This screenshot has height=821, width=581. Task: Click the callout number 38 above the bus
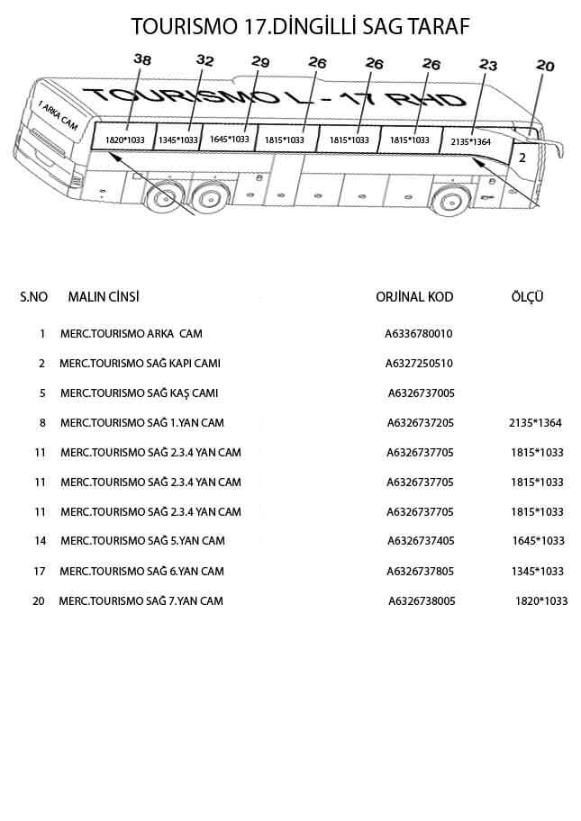(142, 59)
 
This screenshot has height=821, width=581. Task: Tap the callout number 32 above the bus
(205, 60)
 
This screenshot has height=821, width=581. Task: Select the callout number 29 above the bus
(260, 62)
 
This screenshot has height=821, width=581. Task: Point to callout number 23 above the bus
(488, 65)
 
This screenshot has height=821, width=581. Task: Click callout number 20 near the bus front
(545, 65)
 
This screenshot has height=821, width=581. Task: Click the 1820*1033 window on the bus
(124, 140)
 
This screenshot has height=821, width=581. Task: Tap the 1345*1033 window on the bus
(177, 140)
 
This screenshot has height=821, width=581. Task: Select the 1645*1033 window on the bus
(229, 139)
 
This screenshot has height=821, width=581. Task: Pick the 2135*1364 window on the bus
(470, 141)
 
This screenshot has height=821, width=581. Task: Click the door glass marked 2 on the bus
(522, 156)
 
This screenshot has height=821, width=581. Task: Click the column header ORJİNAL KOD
(414, 297)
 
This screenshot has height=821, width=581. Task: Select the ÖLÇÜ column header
(527, 297)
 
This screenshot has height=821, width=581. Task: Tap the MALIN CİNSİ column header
(104, 297)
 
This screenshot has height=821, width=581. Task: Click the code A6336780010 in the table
(418, 334)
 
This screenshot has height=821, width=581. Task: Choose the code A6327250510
(418, 364)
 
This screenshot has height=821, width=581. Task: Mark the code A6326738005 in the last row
(422, 600)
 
